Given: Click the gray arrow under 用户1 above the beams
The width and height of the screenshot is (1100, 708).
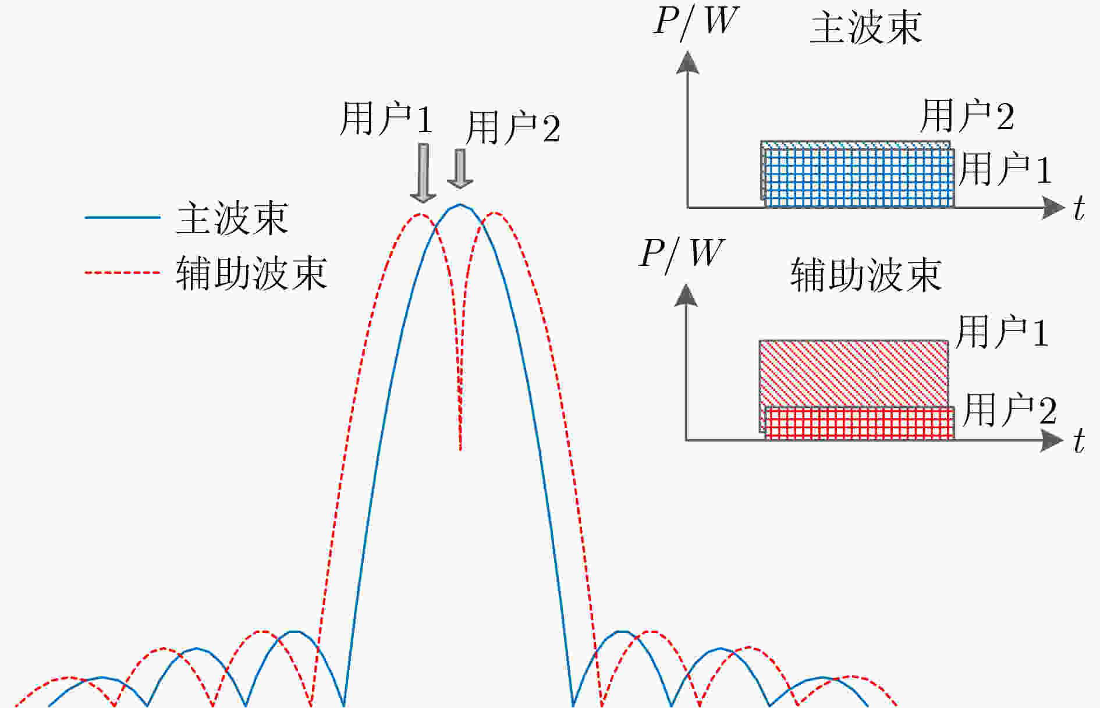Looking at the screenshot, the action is coord(423,173).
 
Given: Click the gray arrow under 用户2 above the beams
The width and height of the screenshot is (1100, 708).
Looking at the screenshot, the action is coord(460,169).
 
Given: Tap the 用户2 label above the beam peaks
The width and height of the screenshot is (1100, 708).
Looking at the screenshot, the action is coord(513,128).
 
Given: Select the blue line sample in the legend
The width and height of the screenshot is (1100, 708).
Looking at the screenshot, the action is coord(123,218).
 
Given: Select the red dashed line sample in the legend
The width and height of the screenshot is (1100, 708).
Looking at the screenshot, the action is coord(123,272).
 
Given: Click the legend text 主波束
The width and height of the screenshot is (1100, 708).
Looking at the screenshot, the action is coord(232,218).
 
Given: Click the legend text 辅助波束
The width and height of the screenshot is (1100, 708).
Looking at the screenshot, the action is coord(251,272).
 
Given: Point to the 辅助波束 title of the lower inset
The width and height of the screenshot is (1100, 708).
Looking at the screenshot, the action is coord(866,275).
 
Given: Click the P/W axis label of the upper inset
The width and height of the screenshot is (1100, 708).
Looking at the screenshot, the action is coord(696,22).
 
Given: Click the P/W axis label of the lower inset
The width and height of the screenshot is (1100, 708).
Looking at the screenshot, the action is coord(682,254).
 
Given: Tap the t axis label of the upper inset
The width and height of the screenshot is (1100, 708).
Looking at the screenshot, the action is coord(1080,208).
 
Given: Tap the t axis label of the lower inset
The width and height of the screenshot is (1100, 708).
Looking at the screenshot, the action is coord(1080,440).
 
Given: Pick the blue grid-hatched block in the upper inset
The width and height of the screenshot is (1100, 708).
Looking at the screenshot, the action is coord(859,178).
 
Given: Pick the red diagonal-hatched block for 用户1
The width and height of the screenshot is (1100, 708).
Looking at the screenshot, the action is coord(854,373).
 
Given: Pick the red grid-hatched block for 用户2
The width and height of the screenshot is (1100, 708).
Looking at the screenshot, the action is coord(859,423).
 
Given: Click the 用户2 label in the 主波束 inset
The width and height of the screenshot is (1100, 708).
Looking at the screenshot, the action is coord(967,115).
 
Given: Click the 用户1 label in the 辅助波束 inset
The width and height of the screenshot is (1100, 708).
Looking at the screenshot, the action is coord(1002,332).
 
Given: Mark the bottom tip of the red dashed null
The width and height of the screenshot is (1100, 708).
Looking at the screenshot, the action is coord(460,450).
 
